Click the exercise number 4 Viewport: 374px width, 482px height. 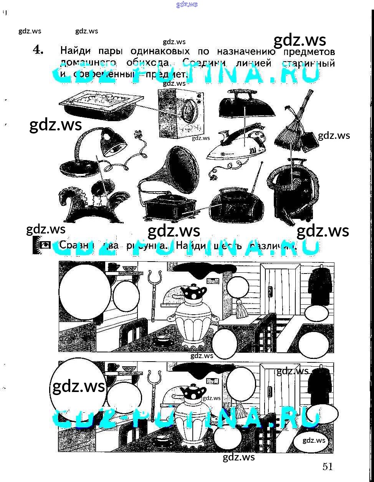click(38, 50)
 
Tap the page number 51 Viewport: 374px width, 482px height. click(327, 467)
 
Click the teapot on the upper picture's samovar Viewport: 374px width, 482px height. click(194, 294)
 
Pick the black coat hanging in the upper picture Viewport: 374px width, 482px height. click(321, 287)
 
